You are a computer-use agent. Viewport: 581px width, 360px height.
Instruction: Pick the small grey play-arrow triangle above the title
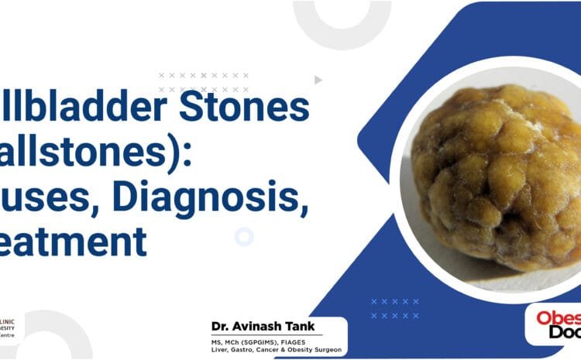(x=318, y=80)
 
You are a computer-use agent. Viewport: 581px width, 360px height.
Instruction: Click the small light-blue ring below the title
(x=244, y=237)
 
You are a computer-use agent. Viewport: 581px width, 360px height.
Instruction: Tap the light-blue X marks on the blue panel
(x=395, y=308)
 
